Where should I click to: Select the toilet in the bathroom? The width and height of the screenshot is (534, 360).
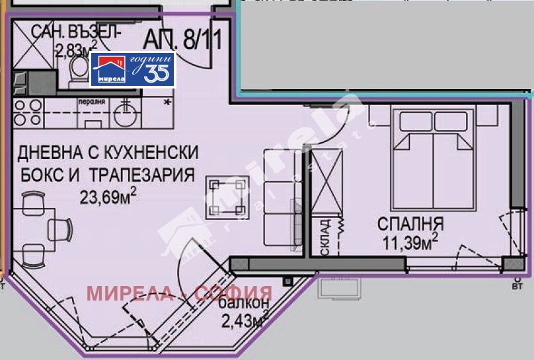click(x=80, y=68)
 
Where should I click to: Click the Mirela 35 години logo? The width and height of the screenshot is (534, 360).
click(x=133, y=69)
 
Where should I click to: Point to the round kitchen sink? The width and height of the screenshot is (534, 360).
click(x=125, y=114)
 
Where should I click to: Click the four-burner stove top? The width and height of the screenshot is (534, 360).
click(x=27, y=114)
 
